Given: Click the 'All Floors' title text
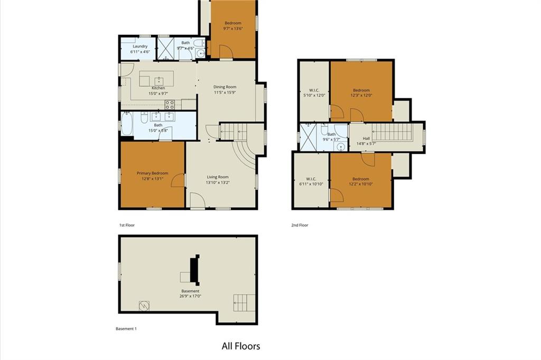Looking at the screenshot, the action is pyautogui.click(x=241, y=346).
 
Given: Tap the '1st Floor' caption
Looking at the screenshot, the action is pyautogui.click(x=127, y=225).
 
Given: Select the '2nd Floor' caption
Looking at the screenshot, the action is pyautogui.click(x=300, y=225).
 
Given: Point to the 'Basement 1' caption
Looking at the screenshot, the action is pyautogui.click(x=126, y=329).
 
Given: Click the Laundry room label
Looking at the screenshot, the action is pyautogui.click(x=140, y=46).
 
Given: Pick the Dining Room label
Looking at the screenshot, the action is pyautogui.click(x=225, y=87).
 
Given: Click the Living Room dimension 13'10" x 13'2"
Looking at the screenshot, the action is pyautogui.click(x=217, y=182).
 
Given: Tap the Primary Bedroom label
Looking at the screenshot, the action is pyautogui.click(x=153, y=173).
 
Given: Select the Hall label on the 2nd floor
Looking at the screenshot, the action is pyautogui.click(x=366, y=139).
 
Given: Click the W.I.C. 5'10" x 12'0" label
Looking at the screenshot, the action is pyautogui.click(x=314, y=93).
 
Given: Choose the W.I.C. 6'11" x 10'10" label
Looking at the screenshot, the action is pyautogui.click(x=311, y=181).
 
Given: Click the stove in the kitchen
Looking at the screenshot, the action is pyautogui.click(x=170, y=104).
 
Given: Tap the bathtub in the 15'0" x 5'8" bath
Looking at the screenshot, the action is pyautogui.click(x=127, y=124).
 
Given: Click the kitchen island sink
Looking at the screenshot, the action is pyautogui.click(x=158, y=81).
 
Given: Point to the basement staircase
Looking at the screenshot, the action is pyautogui.click(x=244, y=303).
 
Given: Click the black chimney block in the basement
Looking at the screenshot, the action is pyautogui.click(x=195, y=270).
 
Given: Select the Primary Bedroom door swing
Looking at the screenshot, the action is pyautogui.click(x=178, y=180).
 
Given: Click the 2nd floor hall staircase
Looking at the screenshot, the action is pyautogui.click(x=392, y=132).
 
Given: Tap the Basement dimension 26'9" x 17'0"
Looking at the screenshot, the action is pyautogui.click(x=190, y=296).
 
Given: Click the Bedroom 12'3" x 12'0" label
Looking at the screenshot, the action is pyautogui.click(x=361, y=93).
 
